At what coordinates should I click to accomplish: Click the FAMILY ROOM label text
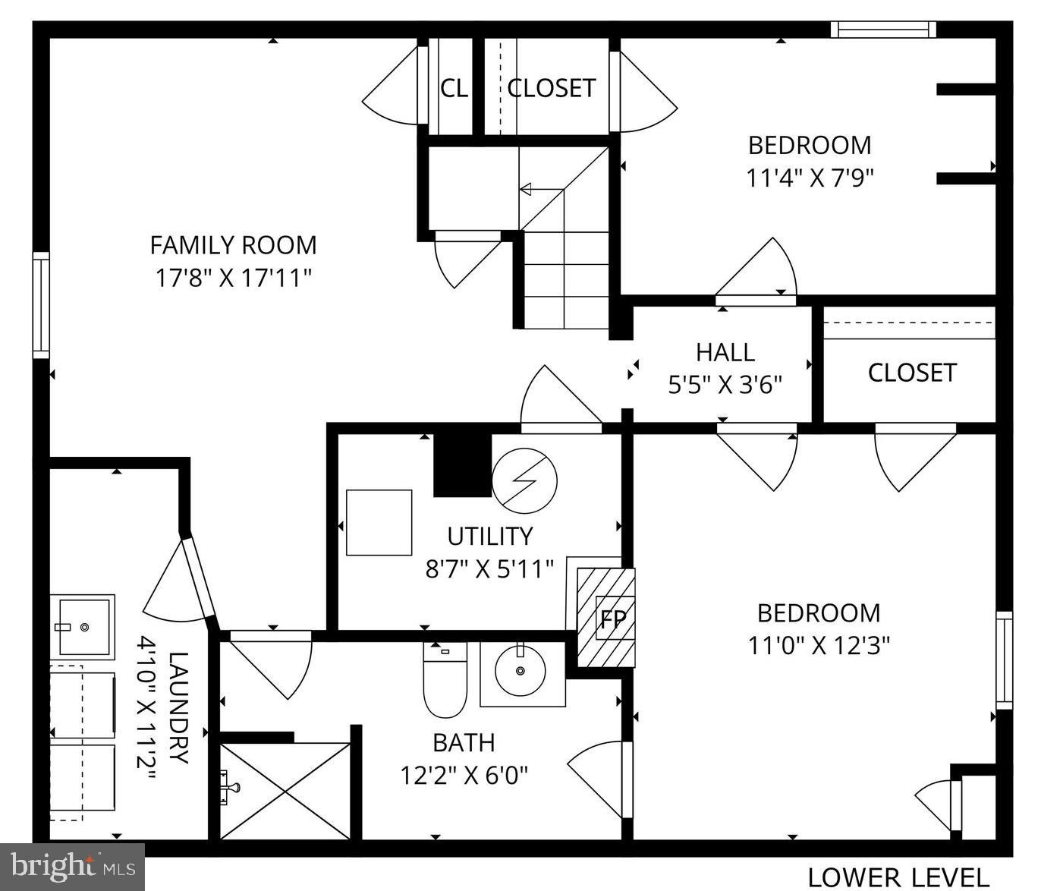pyautogui.click(x=233, y=245)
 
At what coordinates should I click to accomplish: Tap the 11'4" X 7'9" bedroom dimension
pyautogui.click(x=810, y=178)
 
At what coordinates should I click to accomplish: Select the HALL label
pyautogui.click(x=725, y=352)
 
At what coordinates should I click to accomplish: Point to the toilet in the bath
pyautogui.click(x=445, y=680)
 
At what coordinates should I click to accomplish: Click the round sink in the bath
pyautogui.click(x=520, y=670)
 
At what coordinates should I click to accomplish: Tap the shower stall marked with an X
pyautogui.click(x=285, y=791)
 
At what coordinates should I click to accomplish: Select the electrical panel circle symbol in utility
pyautogui.click(x=524, y=480)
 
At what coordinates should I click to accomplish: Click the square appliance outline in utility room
pyautogui.click(x=379, y=523)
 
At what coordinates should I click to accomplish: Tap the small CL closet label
pyautogui.click(x=454, y=89)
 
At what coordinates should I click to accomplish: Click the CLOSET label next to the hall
pyautogui.click(x=911, y=373)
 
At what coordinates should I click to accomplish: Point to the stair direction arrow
pyautogui.click(x=539, y=190)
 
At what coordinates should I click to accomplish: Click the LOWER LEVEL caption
pyautogui.click(x=898, y=877)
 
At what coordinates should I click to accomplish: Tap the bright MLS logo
pyautogui.click(x=73, y=866)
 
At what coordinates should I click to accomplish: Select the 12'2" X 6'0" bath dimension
pyautogui.click(x=464, y=776)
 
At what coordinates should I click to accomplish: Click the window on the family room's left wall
pyautogui.click(x=41, y=305)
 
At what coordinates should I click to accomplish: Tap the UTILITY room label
pyautogui.click(x=489, y=537)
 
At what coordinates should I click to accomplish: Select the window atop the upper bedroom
pyautogui.click(x=882, y=30)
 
